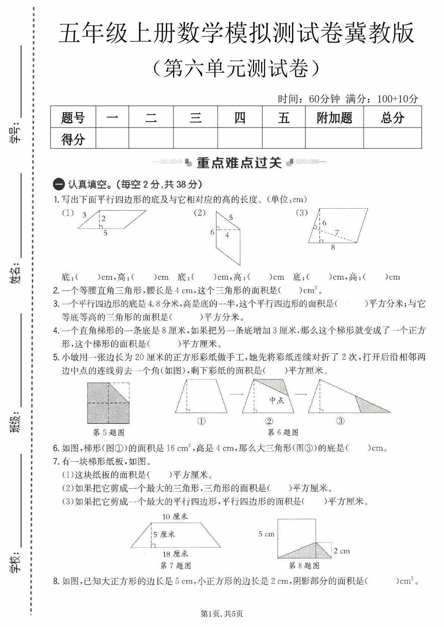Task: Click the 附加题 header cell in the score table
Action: [x=334, y=118]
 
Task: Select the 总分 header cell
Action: [x=393, y=118]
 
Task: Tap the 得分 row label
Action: [x=73, y=139]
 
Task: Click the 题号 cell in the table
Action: [x=73, y=118]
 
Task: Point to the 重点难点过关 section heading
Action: [x=239, y=163]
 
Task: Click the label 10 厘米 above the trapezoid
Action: [x=175, y=516]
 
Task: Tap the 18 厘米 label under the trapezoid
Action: [x=175, y=554]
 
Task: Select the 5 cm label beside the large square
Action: [x=266, y=534]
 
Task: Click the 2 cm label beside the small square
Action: [x=341, y=551]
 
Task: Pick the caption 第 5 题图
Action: [x=109, y=432]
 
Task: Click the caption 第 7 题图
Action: [x=175, y=566]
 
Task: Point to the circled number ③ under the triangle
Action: [x=340, y=421]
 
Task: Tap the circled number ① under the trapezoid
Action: [x=201, y=421]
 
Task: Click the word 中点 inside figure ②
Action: [x=276, y=400]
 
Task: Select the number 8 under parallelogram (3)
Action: [x=333, y=247]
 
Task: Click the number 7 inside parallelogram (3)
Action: [x=337, y=233]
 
